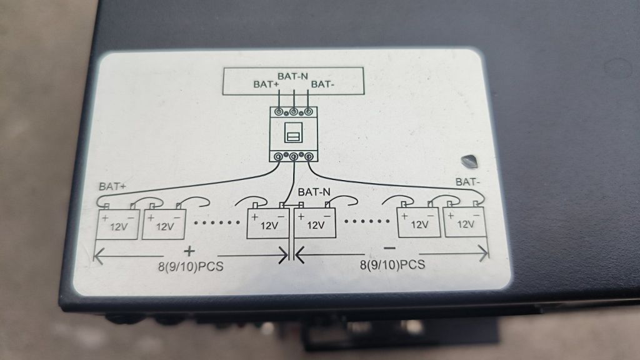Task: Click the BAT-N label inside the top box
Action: point(292,76)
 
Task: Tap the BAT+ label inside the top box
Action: point(266,84)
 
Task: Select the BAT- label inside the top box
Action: point(322,84)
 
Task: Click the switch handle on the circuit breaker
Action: point(293,135)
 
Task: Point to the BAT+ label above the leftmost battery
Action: point(112,186)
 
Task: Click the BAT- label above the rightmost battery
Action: point(467,182)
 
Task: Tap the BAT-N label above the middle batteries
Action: point(314,192)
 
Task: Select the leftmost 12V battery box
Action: point(117,224)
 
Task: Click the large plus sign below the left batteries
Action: point(189,251)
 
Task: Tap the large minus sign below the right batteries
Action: point(390,247)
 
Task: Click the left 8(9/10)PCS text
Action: point(191,266)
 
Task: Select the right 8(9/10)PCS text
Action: point(392,265)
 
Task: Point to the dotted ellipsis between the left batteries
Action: point(217,222)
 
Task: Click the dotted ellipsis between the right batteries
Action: point(367,221)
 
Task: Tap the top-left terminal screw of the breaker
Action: point(279,111)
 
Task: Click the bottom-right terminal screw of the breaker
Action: point(309,156)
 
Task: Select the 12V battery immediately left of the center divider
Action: point(268,223)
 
